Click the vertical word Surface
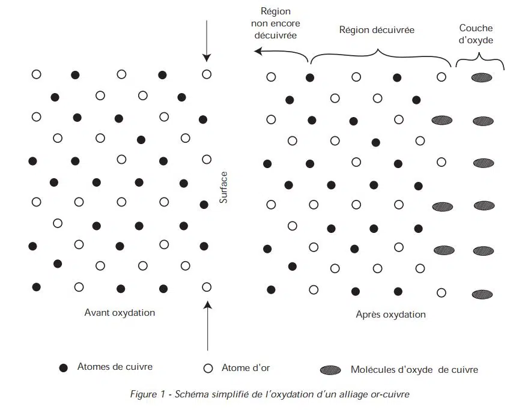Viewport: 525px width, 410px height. [x=223, y=187]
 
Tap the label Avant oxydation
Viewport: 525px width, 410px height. [x=120, y=313]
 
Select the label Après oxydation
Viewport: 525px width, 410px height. [x=390, y=315]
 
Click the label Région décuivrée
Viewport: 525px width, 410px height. [x=377, y=30]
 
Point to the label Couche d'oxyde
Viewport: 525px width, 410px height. [x=476, y=34]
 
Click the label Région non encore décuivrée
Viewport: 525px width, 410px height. [x=276, y=23]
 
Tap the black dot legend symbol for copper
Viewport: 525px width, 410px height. [x=63, y=368]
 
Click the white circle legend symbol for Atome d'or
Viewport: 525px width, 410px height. [x=208, y=369]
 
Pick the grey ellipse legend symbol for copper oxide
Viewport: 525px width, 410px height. [x=330, y=370]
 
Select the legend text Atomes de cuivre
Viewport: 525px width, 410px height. [x=115, y=367]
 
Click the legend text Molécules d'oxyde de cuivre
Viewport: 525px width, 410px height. [x=414, y=370]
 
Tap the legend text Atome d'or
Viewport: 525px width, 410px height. [x=246, y=368]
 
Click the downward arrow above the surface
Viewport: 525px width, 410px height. [x=207, y=41]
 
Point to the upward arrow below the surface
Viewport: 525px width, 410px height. [x=208, y=325]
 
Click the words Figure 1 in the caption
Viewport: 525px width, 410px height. [x=148, y=394]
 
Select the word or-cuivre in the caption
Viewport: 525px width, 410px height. [x=390, y=394]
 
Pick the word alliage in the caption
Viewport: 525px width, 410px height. [x=354, y=395]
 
